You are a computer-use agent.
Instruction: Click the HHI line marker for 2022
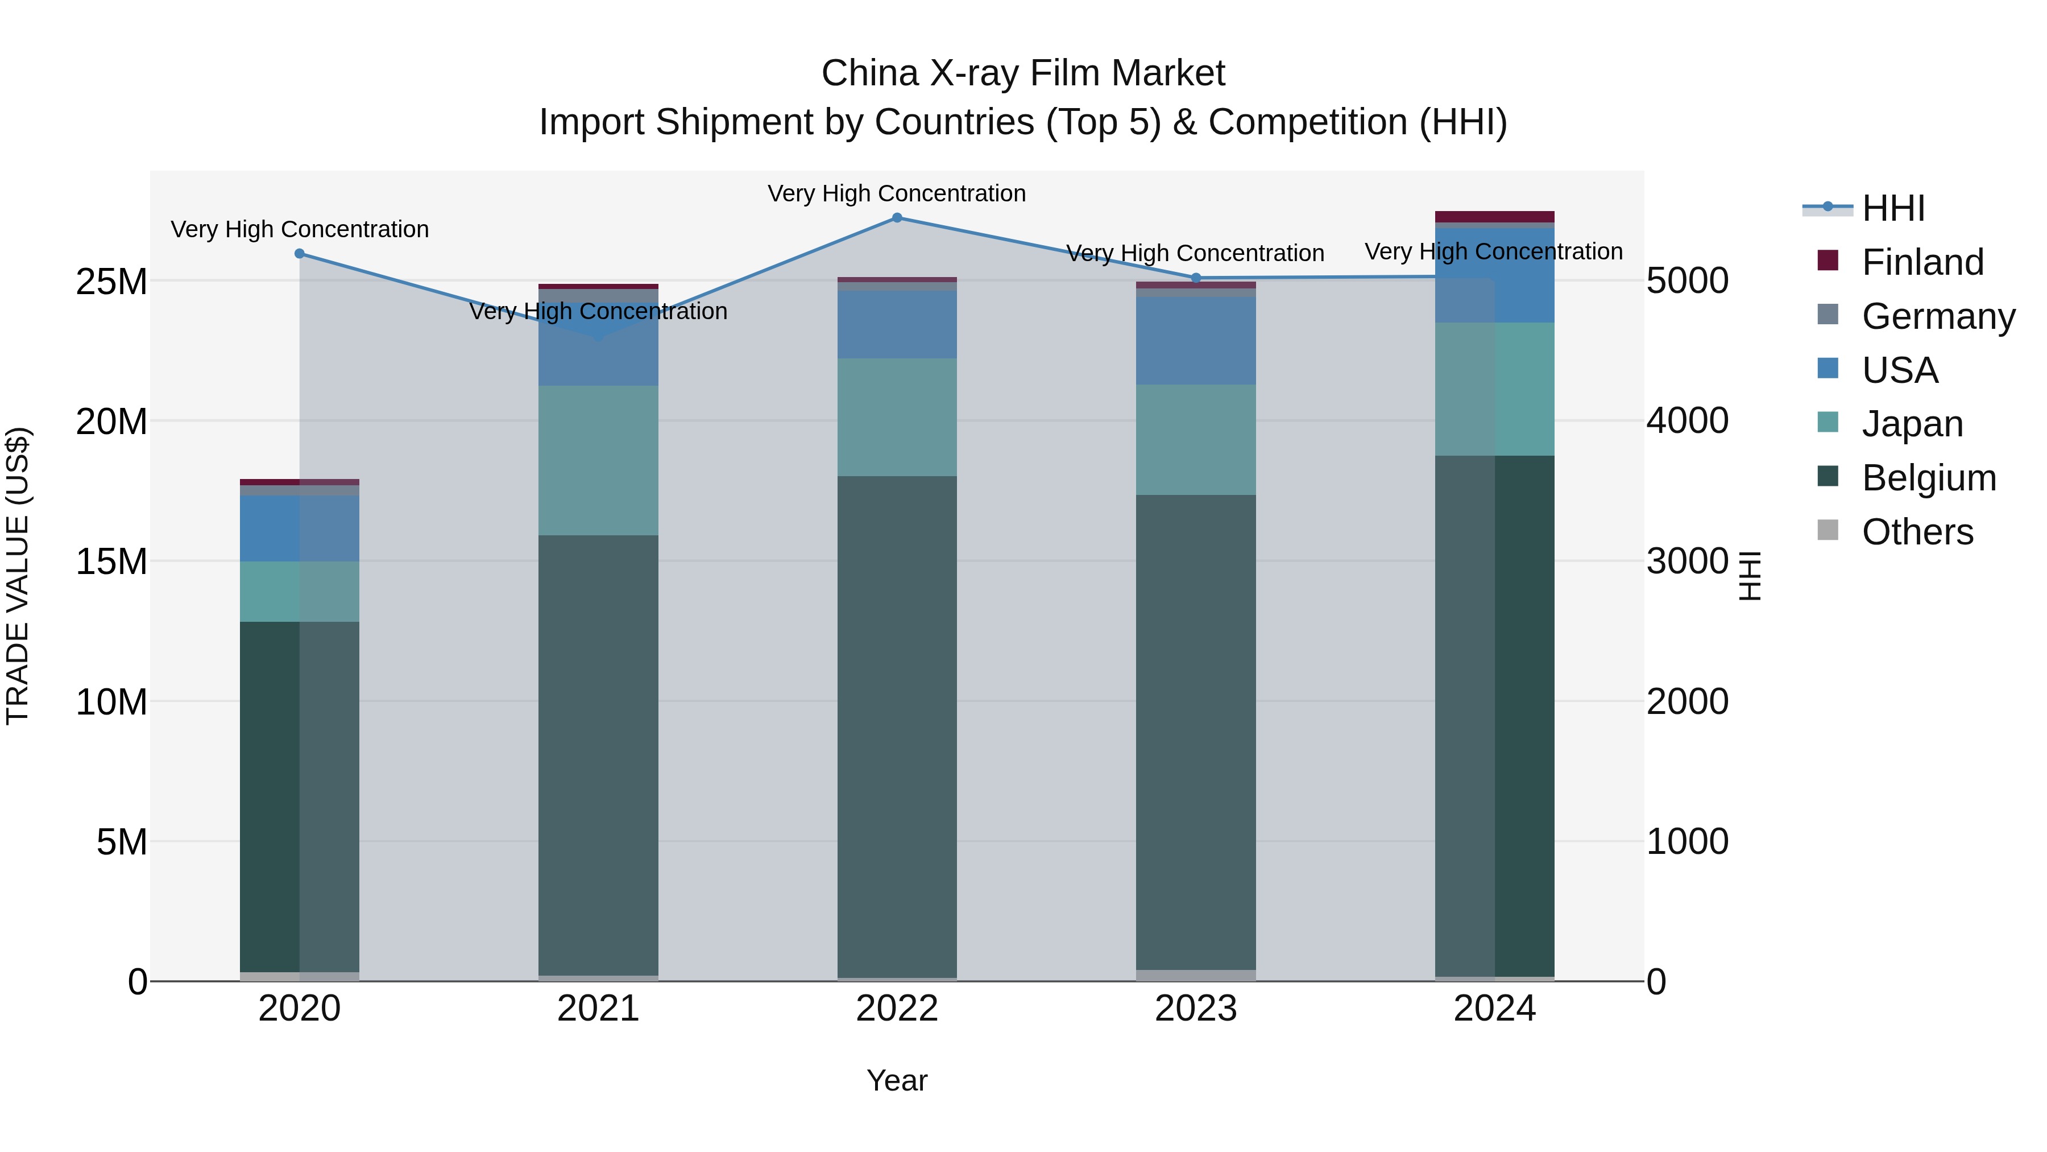897,218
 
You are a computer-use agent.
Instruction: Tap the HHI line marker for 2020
300,254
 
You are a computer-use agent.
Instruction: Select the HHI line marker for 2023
1196,278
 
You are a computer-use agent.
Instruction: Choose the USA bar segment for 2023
1196,341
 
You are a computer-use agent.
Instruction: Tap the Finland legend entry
1922,262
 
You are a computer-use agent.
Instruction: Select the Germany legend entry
1938,316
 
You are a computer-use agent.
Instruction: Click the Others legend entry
1917,532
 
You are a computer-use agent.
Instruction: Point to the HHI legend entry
1893,208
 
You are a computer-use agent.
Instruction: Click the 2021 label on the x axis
598,1009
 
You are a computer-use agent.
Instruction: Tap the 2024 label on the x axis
1495,1009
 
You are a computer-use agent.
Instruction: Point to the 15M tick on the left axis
111,562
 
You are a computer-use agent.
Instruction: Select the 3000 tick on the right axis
1687,561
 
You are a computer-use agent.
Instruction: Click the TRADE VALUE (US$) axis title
18,576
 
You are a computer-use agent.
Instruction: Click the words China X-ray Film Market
1023,73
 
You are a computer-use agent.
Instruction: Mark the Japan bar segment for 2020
300,592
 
